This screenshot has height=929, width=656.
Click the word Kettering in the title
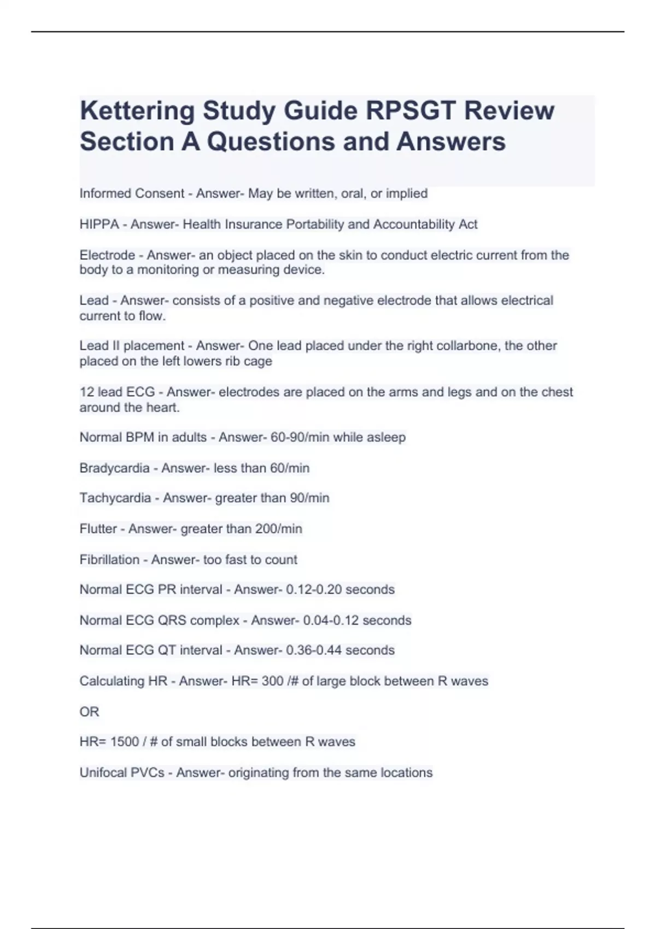[137, 111]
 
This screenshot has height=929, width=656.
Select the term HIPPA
[99, 225]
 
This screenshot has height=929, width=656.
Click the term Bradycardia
[114, 468]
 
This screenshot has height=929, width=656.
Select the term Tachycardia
[115, 498]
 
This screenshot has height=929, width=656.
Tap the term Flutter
[98, 529]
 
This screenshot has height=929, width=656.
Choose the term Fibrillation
[109, 560]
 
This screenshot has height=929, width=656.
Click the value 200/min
[282, 529]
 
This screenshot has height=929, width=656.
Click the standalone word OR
[89, 712]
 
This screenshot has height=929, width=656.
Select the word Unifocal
[103, 773]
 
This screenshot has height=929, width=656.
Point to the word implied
[407, 193]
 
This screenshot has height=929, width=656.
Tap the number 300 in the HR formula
[272, 681]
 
